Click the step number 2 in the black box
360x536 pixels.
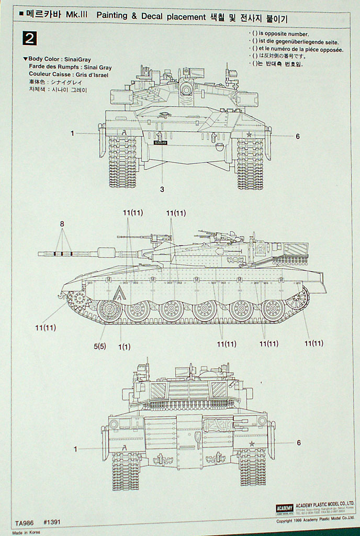29,39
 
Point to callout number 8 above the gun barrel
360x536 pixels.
62,224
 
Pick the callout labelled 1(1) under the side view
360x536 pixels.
124,345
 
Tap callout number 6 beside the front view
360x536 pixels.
297,137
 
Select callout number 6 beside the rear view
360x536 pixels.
299,443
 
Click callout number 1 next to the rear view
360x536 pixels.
75,449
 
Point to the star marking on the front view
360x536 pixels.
250,135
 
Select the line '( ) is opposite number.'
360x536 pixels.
280,33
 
